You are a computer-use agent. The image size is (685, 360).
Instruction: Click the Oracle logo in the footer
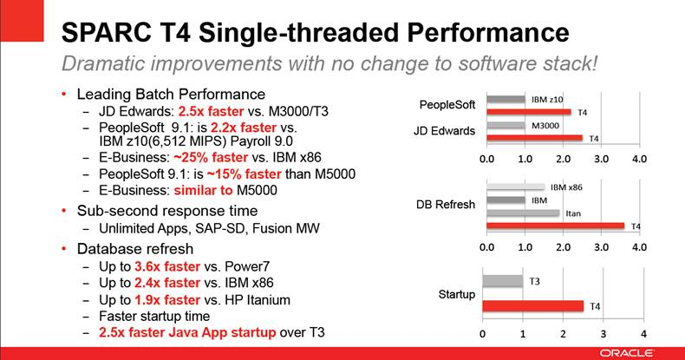coord(642,352)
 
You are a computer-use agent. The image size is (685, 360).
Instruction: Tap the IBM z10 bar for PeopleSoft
coord(506,100)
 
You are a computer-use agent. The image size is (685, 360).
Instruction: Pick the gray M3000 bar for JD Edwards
coord(506,126)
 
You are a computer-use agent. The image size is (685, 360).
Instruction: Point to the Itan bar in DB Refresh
coord(522,213)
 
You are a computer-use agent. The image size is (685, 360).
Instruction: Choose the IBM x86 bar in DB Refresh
coord(515,187)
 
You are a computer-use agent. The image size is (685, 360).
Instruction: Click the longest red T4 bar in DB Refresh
coord(555,226)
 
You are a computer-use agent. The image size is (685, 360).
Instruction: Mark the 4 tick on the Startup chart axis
coord(643,335)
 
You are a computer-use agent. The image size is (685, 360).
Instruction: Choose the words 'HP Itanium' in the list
coord(260,300)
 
